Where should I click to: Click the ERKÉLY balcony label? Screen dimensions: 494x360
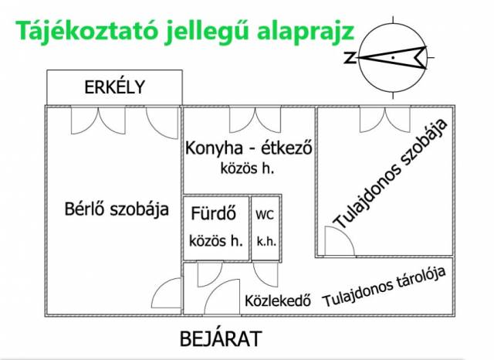click(x=115, y=87)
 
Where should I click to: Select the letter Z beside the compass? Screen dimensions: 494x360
click(x=350, y=58)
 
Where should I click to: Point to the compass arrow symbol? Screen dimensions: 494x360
click(x=392, y=58)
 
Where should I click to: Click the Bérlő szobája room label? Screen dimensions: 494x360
click(x=117, y=209)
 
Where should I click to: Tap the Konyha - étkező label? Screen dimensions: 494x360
click(x=249, y=148)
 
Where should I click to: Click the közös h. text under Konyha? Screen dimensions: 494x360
click(x=247, y=168)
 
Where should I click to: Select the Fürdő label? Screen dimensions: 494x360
click(x=213, y=213)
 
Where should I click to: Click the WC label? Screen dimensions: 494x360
click(x=265, y=215)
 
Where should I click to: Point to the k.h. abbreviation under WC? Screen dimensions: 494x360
click(x=266, y=242)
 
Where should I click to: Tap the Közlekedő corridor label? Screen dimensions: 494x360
click(x=278, y=301)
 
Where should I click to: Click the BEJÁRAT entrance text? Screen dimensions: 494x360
click(x=221, y=339)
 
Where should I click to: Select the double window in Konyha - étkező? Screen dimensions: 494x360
click(x=255, y=120)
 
